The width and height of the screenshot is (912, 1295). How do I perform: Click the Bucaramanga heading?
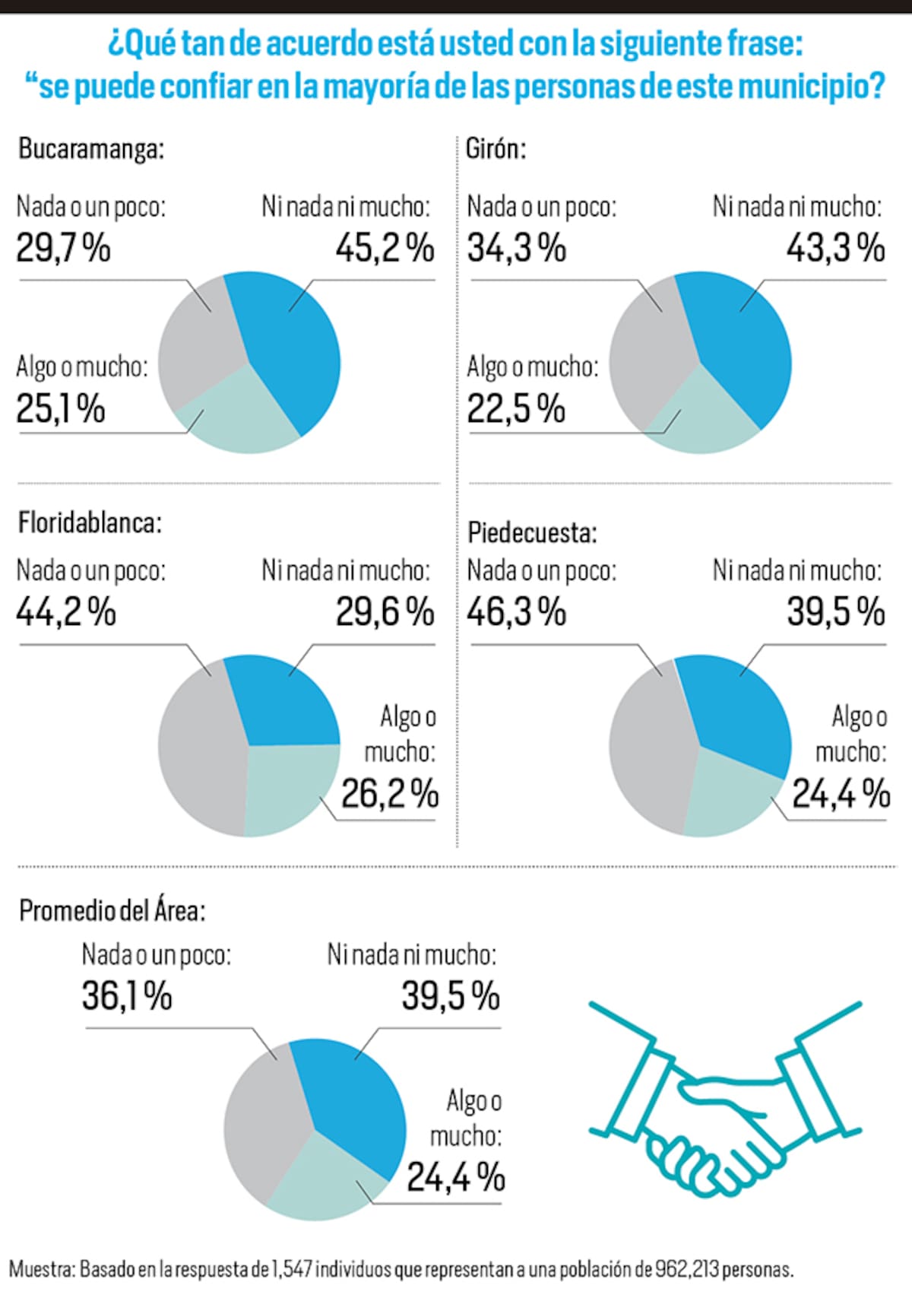click(x=91, y=149)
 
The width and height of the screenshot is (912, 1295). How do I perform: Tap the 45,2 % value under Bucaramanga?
click(x=385, y=248)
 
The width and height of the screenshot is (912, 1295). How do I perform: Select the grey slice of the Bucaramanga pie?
click(x=198, y=342)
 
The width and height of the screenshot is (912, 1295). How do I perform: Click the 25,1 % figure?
click(x=61, y=409)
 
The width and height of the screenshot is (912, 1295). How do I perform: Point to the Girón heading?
click(x=496, y=148)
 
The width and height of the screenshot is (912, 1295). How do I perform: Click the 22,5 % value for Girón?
click(x=516, y=409)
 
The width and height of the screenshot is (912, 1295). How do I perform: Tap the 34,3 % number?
click(x=516, y=248)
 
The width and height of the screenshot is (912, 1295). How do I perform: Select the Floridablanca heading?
click(x=90, y=523)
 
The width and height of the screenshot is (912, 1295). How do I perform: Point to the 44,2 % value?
click(x=65, y=612)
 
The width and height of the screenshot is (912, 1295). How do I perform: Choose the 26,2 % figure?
click(x=389, y=794)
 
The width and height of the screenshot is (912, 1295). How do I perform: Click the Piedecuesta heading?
click(x=532, y=533)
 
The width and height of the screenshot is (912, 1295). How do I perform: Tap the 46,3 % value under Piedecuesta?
click(x=516, y=612)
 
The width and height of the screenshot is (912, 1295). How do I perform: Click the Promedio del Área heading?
click(x=112, y=910)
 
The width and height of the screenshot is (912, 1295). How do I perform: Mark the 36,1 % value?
click(x=127, y=996)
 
